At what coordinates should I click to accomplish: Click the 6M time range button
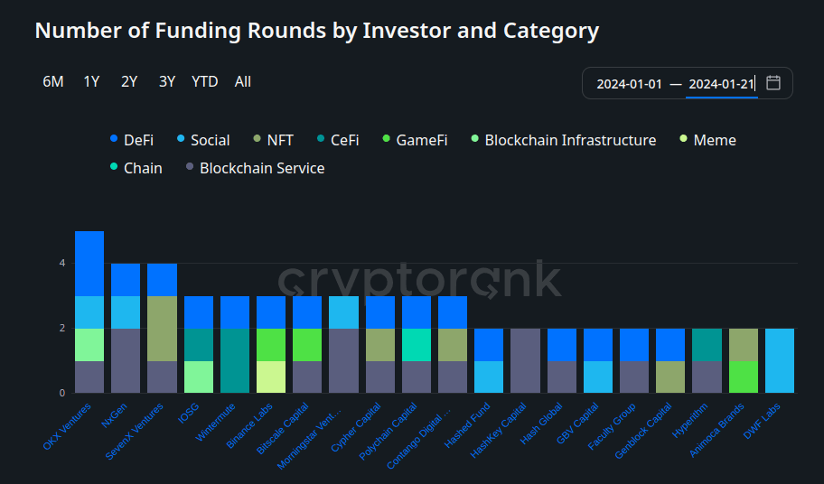[52, 81]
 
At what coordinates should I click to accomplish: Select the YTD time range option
[204, 81]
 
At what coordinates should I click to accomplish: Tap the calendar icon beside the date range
[773, 83]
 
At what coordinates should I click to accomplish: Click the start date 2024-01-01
[629, 84]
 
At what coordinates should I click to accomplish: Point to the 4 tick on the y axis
[62, 264]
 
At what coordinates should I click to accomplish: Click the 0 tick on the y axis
[62, 393]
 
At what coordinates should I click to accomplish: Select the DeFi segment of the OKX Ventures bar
[89, 263]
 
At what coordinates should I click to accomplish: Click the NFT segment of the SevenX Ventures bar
[162, 328]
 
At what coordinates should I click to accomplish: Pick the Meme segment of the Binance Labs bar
[271, 377]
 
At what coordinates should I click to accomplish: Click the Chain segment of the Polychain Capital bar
[417, 344]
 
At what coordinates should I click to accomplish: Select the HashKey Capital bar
[525, 360]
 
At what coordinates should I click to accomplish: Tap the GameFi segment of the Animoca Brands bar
[744, 377]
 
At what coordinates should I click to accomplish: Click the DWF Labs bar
[780, 360]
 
